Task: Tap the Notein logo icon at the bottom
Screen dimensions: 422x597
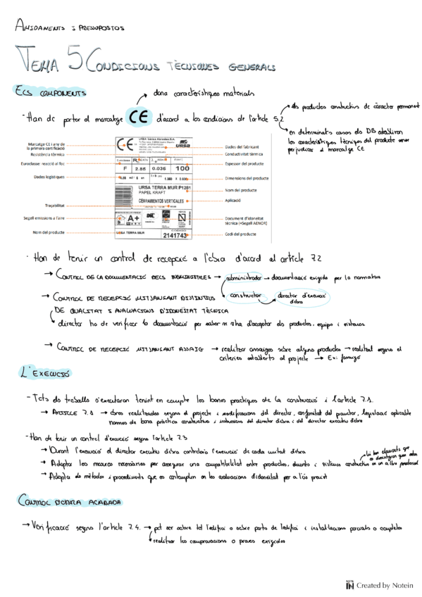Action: coord(349,584)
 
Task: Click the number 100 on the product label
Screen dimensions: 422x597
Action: coord(183,169)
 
